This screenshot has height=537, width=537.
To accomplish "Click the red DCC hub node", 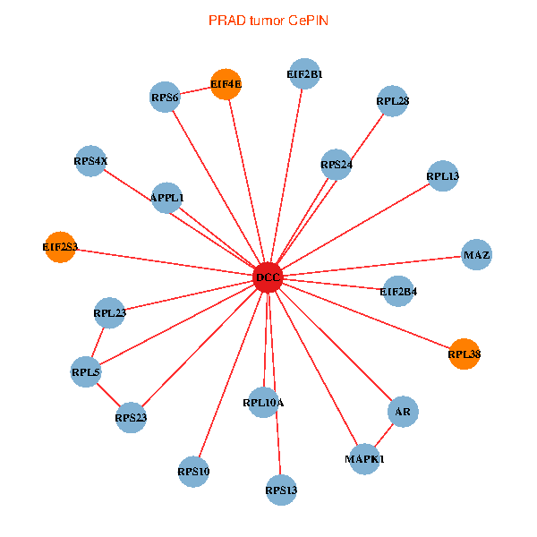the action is [x=268, y=277].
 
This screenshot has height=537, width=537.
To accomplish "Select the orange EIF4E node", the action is [x=226, y=84].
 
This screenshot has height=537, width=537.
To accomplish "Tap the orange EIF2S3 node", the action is [x=61, y=246].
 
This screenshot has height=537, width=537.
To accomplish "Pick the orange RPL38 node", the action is [x=465, y=354].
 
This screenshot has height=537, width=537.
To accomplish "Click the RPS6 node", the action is [x=165, y=98].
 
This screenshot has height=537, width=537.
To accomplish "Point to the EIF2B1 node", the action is [x=304, y=74].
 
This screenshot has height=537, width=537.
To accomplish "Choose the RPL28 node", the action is [x=393, y=101].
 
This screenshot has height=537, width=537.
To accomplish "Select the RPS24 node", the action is [x=336, y=165].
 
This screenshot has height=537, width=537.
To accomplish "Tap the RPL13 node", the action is [x=443, y=176].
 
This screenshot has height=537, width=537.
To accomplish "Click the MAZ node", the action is [x=476, y=256].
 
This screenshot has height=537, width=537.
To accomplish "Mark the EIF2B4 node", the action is [x=398, y=291].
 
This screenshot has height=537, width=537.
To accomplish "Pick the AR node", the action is [x=403, y=412].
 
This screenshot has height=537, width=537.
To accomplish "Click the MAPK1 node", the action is [x=364, y=459].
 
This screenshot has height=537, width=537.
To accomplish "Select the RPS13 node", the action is [x=281, y=490].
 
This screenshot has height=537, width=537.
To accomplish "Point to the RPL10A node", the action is [x=263, y=403].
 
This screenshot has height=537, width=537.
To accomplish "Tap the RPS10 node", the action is [x=193, y=472].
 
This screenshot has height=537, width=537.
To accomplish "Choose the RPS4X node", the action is [x=90, y=162].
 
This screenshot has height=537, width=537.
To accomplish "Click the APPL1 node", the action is [x=167, y=197].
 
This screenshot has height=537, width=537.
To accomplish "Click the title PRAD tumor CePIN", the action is [x=268, y=20].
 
